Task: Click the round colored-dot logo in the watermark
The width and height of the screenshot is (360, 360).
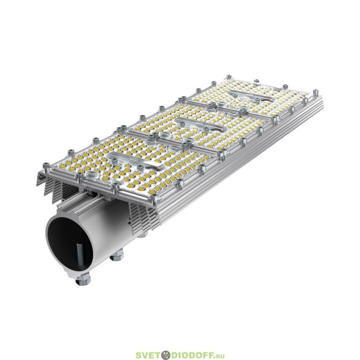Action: point(166,355)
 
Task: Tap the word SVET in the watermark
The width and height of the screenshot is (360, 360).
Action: point(148,355)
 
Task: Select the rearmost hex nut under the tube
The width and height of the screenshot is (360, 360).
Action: point(143,234)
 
